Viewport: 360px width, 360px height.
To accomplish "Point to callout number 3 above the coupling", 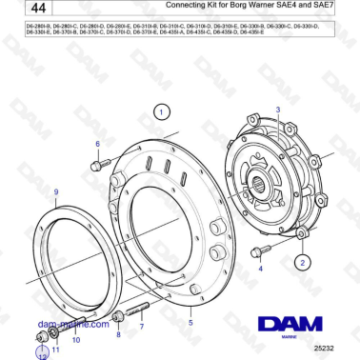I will [277, 110].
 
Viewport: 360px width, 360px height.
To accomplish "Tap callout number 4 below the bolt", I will [261, 270].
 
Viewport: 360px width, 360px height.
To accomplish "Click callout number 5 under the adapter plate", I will [190, 323].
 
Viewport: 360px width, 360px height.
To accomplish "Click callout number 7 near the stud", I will [142, 327].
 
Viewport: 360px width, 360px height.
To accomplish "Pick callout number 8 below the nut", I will [118, 335].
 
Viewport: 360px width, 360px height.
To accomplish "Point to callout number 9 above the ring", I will [56, 191].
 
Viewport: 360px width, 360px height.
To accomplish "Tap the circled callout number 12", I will [41, 356].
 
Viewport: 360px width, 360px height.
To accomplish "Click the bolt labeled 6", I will [97, 165].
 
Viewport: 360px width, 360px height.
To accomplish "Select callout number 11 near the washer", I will [54, 350].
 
